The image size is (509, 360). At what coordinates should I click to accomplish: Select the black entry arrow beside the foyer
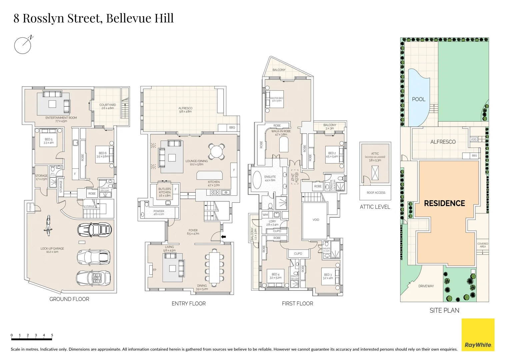223,237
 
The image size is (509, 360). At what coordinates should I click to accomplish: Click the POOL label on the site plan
418,99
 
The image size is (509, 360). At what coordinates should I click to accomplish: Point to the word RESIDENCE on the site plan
444,203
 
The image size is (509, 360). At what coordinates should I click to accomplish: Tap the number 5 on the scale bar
52,335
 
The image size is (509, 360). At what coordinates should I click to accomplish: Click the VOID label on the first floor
316,220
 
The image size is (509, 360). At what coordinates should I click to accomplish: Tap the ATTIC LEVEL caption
375,207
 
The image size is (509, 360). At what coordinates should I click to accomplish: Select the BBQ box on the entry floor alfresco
232,128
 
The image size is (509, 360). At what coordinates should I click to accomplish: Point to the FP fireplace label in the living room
154,270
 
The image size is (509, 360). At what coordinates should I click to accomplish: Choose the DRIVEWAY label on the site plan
426,286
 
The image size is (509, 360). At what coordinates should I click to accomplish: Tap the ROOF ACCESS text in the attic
376,193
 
